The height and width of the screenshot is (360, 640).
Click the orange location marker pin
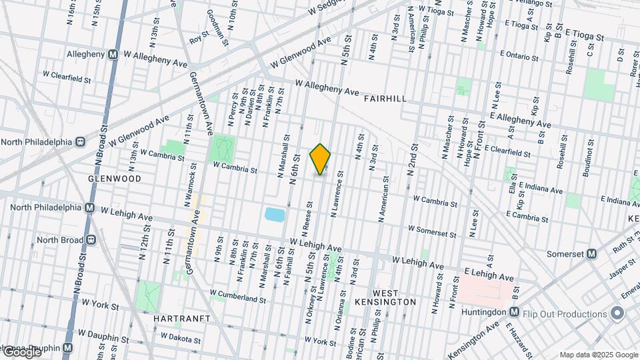321,159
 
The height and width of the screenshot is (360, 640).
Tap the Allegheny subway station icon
113,54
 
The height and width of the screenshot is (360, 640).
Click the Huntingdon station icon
514,312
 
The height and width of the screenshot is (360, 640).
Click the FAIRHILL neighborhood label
385,99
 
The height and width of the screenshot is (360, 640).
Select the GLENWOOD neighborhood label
115,179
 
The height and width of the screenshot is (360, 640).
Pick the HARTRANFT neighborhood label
181,319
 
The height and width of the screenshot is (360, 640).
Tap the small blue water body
274,214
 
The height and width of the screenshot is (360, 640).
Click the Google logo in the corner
21,352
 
